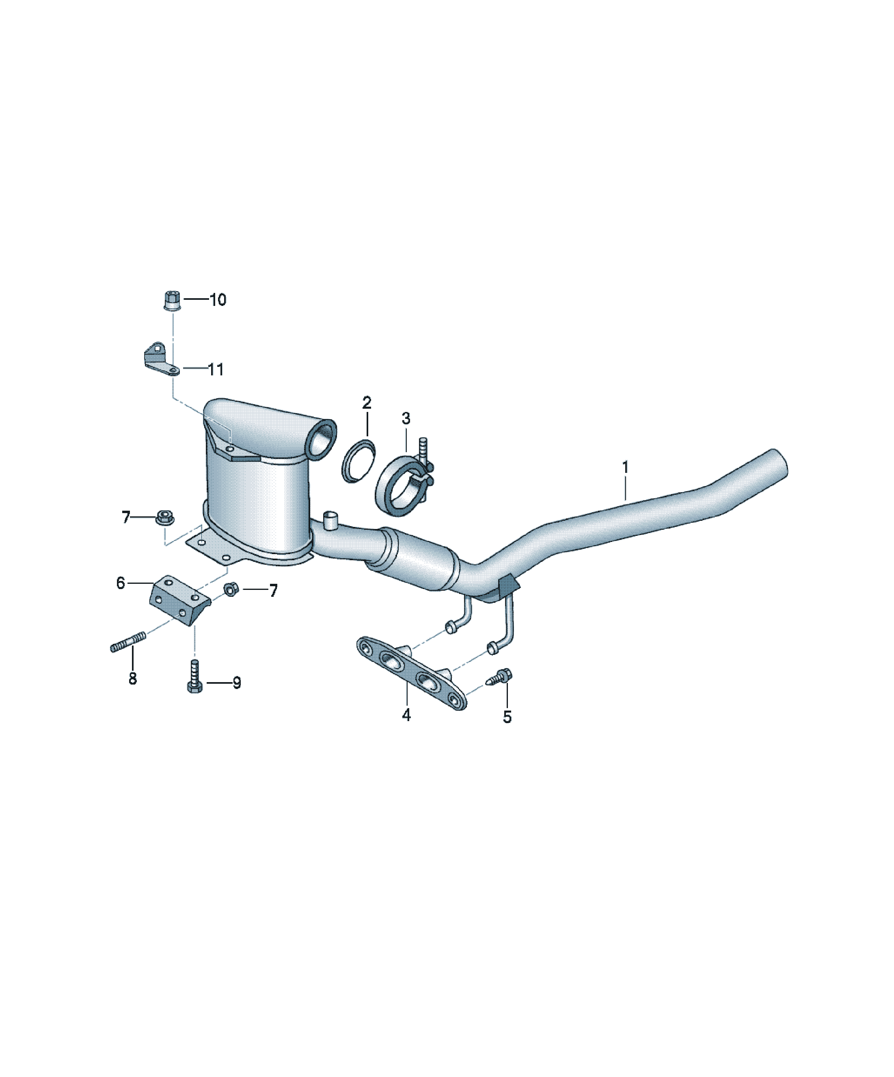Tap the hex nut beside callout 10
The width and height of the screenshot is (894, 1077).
pos(172,300)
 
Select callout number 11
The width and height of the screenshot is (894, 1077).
pos(216,369)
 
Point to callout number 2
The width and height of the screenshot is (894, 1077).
pos(367,403)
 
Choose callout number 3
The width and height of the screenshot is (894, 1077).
pos(406,418)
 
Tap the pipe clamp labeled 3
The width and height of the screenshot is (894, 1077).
pos(405,485)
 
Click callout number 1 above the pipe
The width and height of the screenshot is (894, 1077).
pos(625,467)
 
